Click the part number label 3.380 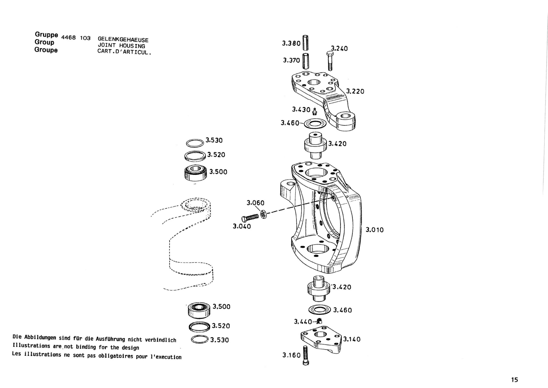291,43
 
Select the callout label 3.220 355,91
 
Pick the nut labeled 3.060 263,214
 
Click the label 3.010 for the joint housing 375,230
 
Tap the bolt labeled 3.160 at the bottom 306,355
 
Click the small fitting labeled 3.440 319,321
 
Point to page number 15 514,380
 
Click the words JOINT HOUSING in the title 121,46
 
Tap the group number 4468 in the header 68,38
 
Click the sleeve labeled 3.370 305,61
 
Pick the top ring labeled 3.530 195,143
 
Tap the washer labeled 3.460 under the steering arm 315,124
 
